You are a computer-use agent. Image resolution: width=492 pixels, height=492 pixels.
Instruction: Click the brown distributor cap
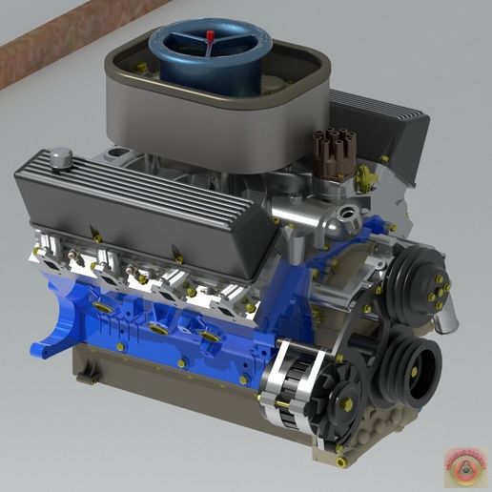tap(335, 152)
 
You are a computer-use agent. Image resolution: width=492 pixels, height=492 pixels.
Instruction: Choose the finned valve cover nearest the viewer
tap(143, 205)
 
